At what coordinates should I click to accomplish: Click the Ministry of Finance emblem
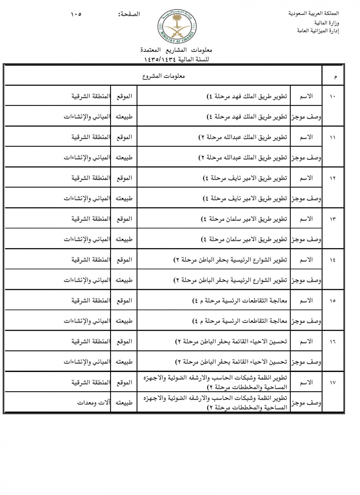[x=176, y=28]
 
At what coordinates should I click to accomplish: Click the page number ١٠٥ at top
[x=76, y=14]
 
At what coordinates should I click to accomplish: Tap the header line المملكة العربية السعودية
[x=313, y=13]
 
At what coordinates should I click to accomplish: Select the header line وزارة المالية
[x=326, y=23]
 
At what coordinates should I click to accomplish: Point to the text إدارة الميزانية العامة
[x=318, y=31]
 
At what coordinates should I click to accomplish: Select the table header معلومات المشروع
[x=163, y=76]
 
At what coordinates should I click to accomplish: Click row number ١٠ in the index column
[x=332, y=97]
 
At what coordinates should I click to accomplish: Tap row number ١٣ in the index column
[x=332, y=219]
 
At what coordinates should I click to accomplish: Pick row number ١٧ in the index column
[x=332, y=383]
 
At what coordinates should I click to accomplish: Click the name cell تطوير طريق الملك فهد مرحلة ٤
[x=247, y=96]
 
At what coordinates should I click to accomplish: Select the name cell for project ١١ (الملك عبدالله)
[x=243, y=137]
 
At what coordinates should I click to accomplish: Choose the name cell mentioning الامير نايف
[x=245, y=178]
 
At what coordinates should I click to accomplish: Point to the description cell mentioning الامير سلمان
[x=244, y=239]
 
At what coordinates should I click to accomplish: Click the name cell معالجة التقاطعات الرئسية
[x=239, y=301]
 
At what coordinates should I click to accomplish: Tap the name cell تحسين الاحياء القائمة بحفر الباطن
[x=231, y=341]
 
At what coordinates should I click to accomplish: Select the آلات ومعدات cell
[x=93, y=403]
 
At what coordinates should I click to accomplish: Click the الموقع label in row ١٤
[x=124, y=260]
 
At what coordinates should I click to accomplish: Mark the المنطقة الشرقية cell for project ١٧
[x=90, y=382]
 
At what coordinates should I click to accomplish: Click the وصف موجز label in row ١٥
[x=306, y=321]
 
